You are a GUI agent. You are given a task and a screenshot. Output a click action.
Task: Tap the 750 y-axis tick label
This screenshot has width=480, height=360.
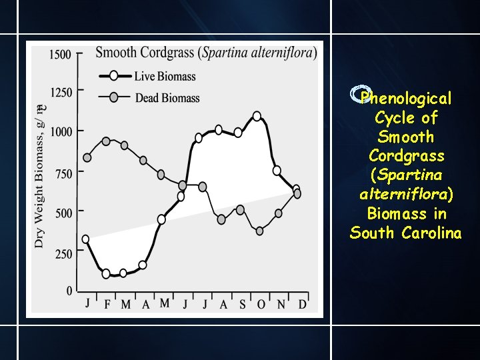[63, 173]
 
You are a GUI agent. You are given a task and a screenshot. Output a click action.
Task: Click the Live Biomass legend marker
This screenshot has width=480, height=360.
[114, 75]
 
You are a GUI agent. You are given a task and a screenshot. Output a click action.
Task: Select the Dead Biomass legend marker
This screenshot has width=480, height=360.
[114, 97]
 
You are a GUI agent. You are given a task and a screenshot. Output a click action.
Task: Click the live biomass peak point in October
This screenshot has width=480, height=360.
[257, 116]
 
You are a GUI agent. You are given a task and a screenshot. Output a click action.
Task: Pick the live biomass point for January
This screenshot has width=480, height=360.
[85, 239]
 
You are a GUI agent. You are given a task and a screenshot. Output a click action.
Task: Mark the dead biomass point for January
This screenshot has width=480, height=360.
[87, 158]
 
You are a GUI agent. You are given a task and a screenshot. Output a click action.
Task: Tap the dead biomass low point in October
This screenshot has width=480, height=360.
[260, 231]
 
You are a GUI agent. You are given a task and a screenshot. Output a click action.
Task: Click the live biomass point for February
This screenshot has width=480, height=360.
[106, 273]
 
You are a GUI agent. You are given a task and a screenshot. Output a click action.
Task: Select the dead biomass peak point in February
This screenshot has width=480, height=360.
[106, 141]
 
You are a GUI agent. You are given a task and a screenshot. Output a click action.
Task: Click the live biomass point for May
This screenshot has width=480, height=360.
[161, 219]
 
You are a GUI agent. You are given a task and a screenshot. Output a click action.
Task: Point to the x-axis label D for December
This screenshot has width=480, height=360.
[303, 304]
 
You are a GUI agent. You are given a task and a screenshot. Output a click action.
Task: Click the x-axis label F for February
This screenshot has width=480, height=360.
[107, 305]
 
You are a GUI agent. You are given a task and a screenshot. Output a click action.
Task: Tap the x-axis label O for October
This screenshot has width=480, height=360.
[261, 304]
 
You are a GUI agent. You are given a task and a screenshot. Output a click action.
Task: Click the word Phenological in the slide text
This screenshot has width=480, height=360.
[406, 99]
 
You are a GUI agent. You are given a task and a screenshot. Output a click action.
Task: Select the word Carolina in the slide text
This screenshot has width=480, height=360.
[432, 233]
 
